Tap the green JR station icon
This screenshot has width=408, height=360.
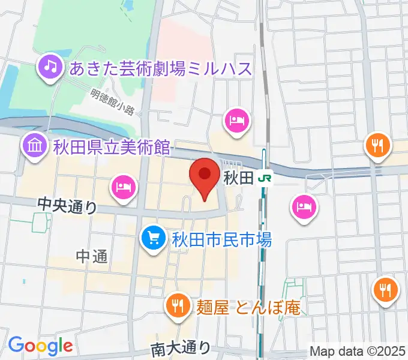point(265,178)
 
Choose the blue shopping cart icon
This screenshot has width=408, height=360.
point(153,239)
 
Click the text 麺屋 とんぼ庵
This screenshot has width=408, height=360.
point(247,308)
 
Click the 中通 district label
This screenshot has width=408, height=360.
point(92,257)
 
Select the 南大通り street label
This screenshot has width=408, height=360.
point(181,348)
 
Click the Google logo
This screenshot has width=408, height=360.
point(40,346)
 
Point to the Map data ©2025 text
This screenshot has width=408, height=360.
point(358,350)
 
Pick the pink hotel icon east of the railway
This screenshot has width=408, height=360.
point(302,208)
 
